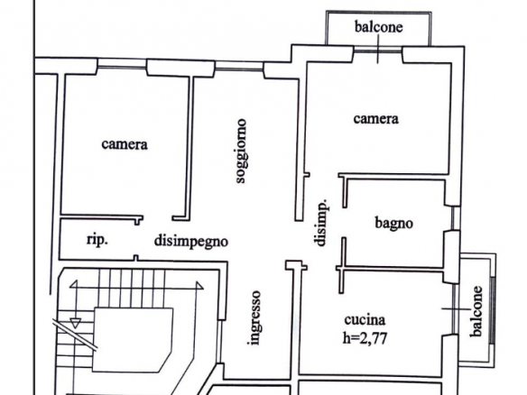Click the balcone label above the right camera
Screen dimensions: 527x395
[x=378, y=27]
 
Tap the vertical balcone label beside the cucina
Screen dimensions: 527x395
[x=476, y=311]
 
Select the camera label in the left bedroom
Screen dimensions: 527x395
[x=125, y=144]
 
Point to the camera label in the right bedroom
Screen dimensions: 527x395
[x=375, y=119]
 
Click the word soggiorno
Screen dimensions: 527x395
[x=241, y=152]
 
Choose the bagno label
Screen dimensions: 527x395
[x=393, y=224]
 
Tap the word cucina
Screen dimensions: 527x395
[x=365, y=320]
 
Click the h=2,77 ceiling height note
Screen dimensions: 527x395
[x=365, y=338]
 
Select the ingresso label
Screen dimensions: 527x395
[x=255, y=317]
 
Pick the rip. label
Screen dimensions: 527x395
[x=97, y=240]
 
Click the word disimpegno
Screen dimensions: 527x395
[x=191, y=242]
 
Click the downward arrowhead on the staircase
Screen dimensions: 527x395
[x=75, y=323]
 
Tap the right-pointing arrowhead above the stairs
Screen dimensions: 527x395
[x=199, y=286]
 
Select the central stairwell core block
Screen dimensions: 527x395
[x=133, y=340]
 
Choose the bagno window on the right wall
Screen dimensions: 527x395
[x=455, y=218]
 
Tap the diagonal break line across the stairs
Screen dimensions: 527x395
[x=75, y=335]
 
